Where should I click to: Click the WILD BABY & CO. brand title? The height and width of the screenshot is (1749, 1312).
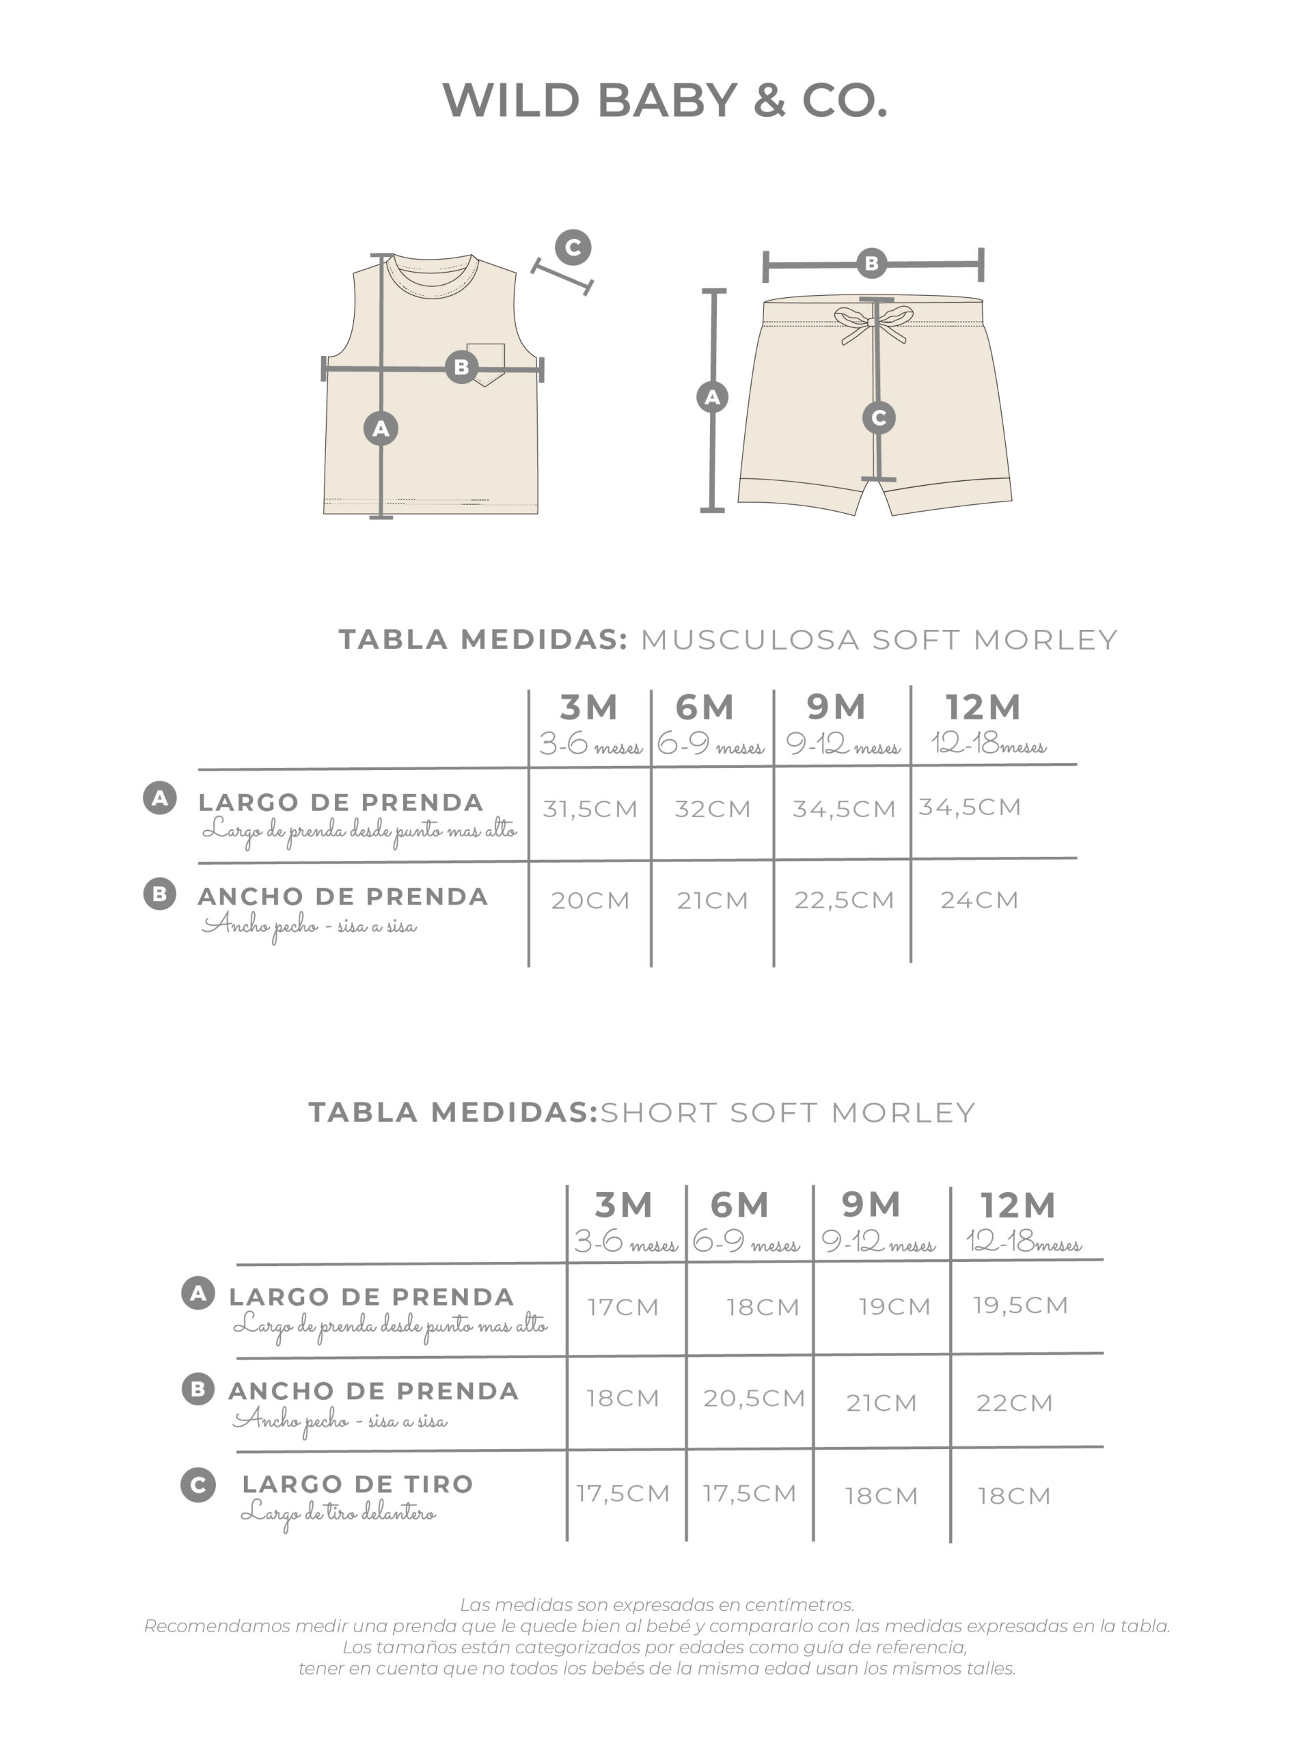click(x=664, y=100)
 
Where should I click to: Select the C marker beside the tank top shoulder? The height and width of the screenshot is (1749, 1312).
click(x=573, y=247)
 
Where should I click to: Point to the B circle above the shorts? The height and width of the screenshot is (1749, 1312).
click(x=871, y=263)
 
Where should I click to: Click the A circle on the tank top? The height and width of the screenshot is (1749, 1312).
click(x=381, y=428)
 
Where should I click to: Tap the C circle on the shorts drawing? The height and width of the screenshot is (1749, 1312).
click(x=878, y=417)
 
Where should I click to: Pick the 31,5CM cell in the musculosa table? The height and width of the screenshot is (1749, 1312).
click(x=590, y=809)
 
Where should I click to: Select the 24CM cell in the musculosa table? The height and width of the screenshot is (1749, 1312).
click(x=979, y=900)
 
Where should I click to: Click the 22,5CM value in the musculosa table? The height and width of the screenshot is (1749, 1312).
click(x=844, y=900)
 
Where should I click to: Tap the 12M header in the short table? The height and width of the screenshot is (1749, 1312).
click(x=1017, y=1205)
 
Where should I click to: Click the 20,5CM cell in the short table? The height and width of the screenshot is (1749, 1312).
click(x=754, y=1398)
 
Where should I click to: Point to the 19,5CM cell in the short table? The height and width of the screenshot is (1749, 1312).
click(x=1020, y=1305)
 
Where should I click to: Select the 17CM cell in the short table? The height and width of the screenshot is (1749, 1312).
click(x=623, y=1307)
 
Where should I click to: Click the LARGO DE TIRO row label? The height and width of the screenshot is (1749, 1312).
click(x=357, y=1484)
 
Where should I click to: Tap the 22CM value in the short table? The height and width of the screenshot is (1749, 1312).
click(x=1014, y=1403)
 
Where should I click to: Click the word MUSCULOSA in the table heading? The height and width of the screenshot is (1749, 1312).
click(x=749, y=639)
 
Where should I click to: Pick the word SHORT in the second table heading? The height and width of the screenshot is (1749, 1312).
click(x=660, y=1112)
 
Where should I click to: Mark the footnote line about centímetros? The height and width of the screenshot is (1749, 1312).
click(x=657, y=1605)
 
